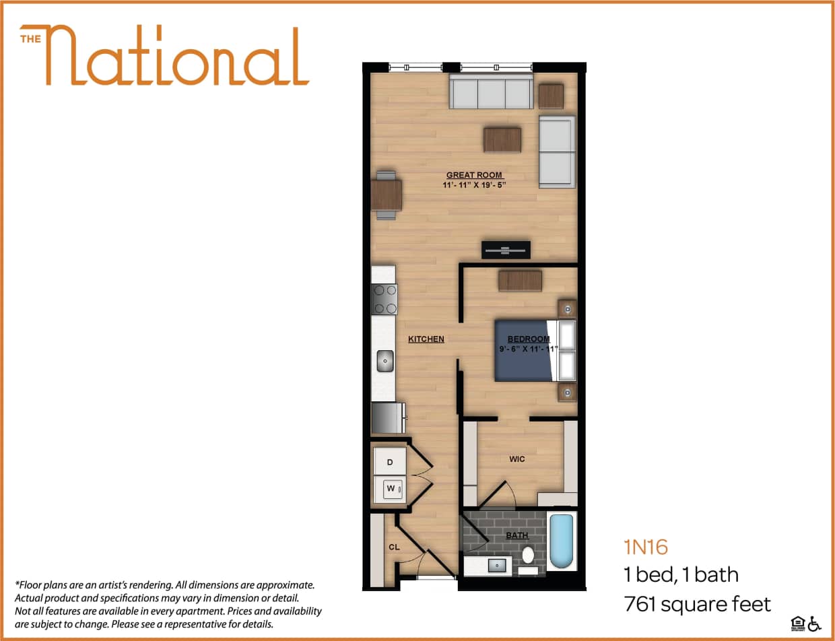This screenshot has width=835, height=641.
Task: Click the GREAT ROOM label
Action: (475, 175)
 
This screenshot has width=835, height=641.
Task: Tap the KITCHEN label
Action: (426, 339)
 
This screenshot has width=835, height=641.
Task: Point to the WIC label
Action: (517, 459)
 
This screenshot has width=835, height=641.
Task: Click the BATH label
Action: (516, 536)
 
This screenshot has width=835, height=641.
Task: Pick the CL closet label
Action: (395, 547)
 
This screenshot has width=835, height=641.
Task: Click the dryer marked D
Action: (390, 463)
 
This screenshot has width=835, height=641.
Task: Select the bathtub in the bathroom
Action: (561, 541)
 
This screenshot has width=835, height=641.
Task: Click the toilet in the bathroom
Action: (529, 556)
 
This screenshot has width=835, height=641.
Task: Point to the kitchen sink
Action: (385, 361)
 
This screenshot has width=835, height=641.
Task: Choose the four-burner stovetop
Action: (385, 299)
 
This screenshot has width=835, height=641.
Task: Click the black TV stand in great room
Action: (506, 250)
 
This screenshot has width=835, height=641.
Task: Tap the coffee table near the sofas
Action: (502, 139)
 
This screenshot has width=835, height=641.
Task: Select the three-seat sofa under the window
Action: (492, 92)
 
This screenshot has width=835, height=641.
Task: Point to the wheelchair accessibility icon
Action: (815, 623)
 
